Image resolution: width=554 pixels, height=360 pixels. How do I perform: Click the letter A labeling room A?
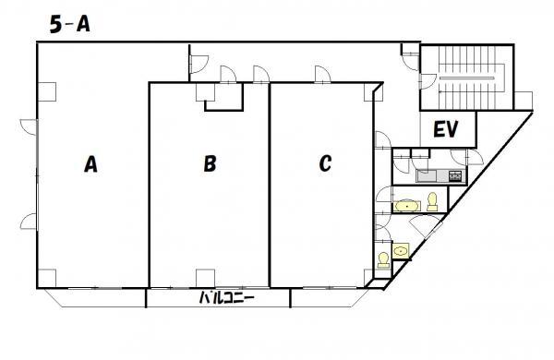[x=90, y=164]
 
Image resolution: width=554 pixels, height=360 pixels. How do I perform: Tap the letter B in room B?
[x=210, y=164]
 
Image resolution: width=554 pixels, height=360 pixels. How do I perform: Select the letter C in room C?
[x=325, y=163]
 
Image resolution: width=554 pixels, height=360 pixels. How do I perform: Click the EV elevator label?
[x=446, y=129]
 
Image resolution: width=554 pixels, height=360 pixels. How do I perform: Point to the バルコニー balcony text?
[x=226, y=298]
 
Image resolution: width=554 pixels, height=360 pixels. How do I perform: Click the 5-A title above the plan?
[x=69, y=25]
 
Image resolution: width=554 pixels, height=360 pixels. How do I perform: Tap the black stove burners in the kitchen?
[x=455, y=175]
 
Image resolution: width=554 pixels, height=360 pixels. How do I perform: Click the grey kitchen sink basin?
[x=428, y=175]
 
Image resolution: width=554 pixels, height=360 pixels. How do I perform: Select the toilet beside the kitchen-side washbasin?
[x=432, y=202]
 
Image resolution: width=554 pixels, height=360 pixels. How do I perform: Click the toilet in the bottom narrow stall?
[x=383, y=260]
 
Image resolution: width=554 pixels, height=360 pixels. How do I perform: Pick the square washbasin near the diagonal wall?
[x=401, y=251]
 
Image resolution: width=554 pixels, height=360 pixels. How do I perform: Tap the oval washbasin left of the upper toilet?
[x=407, y=206]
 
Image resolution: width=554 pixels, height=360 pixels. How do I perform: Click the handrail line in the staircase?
[x=466, y=78]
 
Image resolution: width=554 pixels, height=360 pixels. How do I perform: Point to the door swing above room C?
[x=323, y=74]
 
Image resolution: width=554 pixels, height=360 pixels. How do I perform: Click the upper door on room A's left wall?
[x=29, y=127]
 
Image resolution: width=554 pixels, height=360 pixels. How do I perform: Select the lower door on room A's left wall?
[x=29, y=222]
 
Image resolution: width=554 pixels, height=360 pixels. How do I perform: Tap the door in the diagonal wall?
[x=426, y=226]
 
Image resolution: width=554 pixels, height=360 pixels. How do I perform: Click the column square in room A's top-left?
[x=47, y=92]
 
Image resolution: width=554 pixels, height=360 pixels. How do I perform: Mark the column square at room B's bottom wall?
[x=205, y=278]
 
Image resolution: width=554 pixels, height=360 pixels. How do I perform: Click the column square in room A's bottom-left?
[x=47, y=278]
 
